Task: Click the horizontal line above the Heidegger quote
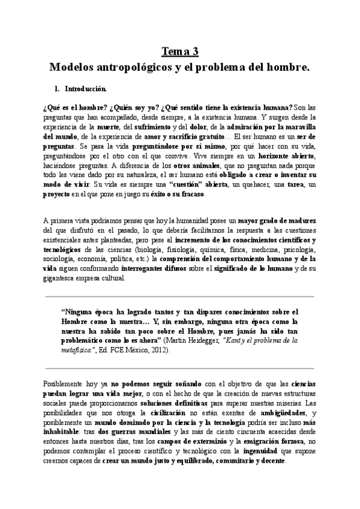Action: (179, 296)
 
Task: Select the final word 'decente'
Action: (271, 462)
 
